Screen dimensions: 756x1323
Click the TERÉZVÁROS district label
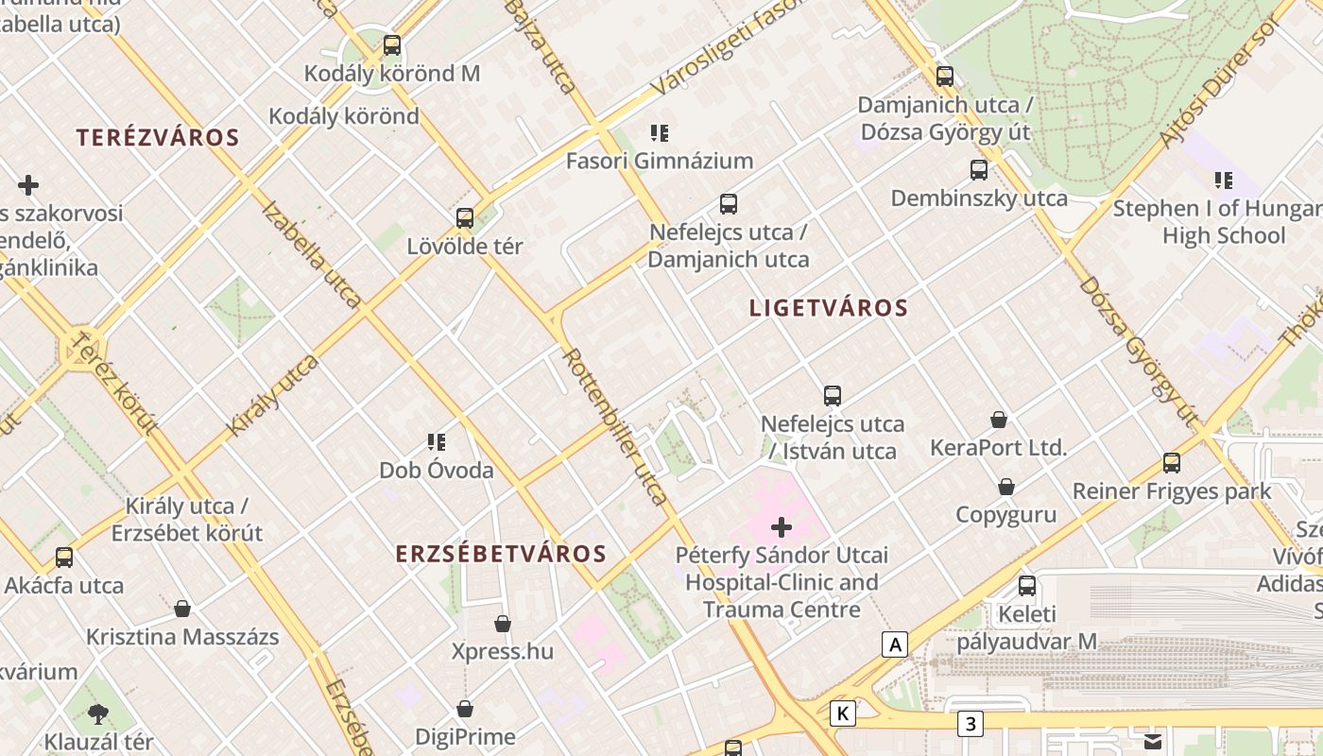[158, 138]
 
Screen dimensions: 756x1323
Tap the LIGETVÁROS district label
[828, 308]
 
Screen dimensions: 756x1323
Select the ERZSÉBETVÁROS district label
[501, 554]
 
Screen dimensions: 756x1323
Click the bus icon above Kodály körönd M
[391, 44]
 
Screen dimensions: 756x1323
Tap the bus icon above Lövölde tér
[464, 218]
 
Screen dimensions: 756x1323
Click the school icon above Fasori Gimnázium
[660, 133]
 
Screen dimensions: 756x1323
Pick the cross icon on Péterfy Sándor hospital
[782, 527]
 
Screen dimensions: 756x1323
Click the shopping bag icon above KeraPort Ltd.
[999, 420]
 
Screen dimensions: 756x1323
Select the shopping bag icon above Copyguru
[1006, 488]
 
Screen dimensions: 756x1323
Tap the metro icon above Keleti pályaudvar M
[1027, 586]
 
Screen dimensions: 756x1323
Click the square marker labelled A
[894, 645]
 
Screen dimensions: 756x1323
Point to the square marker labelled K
[842, 713]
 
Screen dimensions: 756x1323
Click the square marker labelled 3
[970, 725]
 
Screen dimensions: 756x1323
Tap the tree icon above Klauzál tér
[97, 713]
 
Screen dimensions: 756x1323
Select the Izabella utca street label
[311, 254]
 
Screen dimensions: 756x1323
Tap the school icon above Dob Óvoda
[436, 441]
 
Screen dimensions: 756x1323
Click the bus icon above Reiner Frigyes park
[1172, 463]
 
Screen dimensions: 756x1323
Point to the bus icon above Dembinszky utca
[979, 170]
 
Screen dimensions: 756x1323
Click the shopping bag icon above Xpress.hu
[503, 624]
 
